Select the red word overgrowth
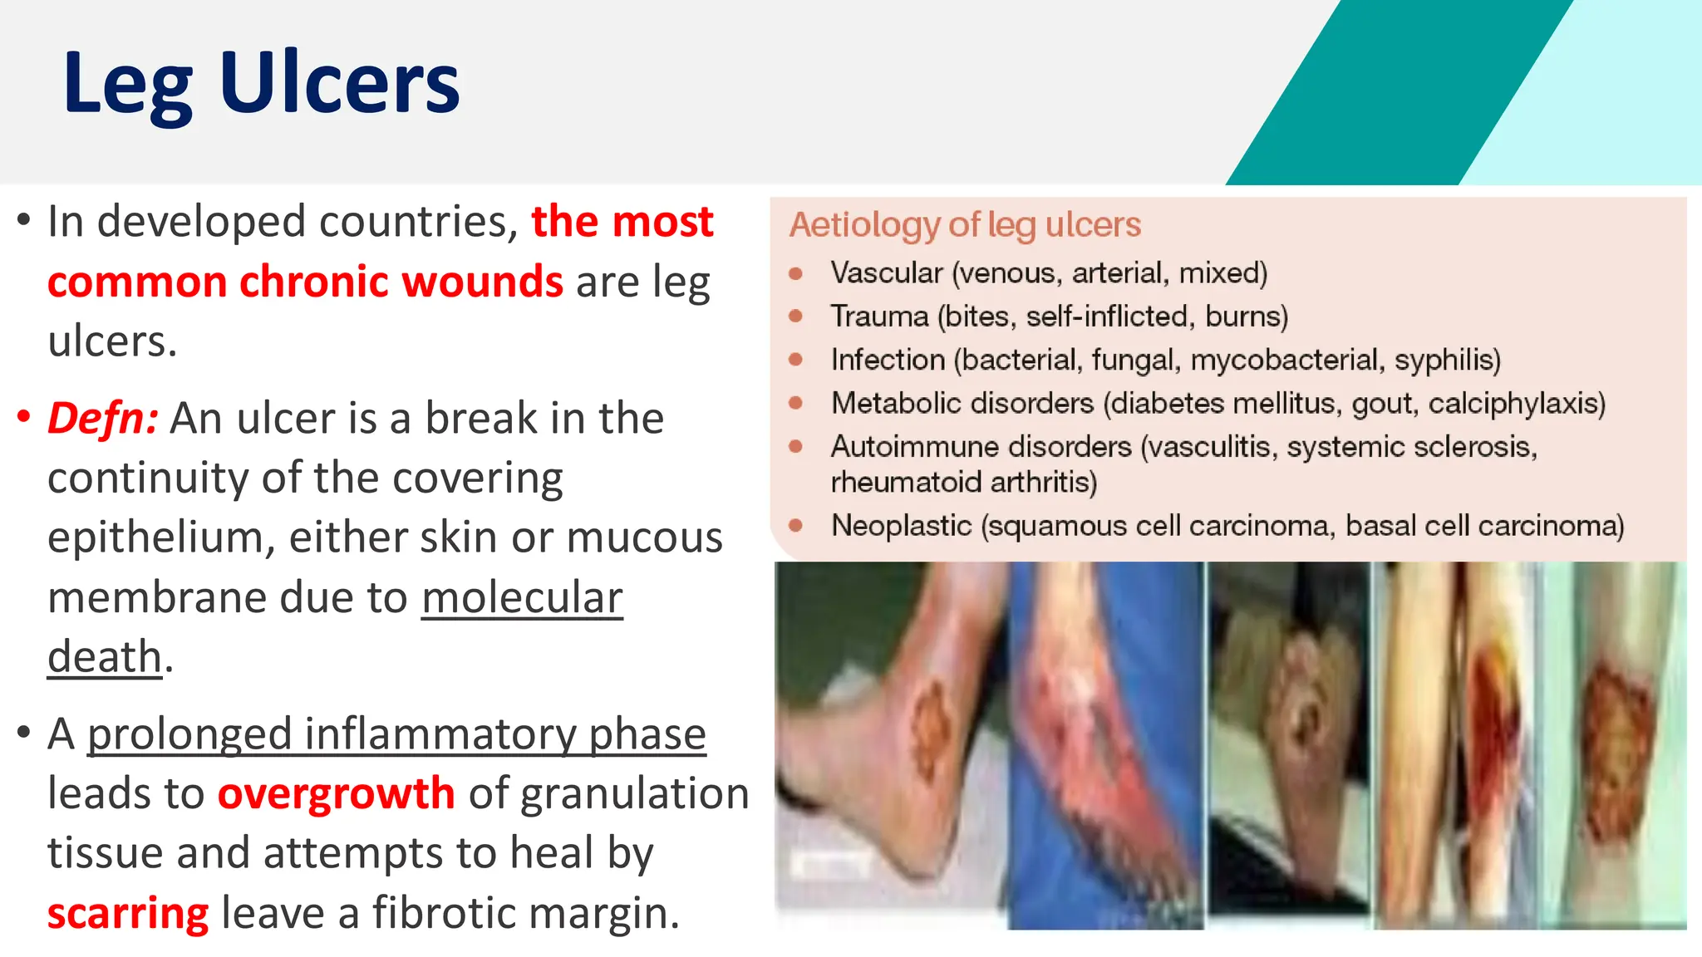tap(336, 793)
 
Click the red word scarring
tap(128, 913)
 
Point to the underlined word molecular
tap(522, 597)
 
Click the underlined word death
tap(104, 657)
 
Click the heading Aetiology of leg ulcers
tap(964, 224)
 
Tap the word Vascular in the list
tap(886, 272)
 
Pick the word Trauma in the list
tap(879, 317)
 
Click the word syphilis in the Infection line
tap(1447, 360)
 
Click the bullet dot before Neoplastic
tap(795, 525)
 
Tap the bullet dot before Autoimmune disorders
tap(795, 446)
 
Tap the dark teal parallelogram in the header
tap(1396, 91)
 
